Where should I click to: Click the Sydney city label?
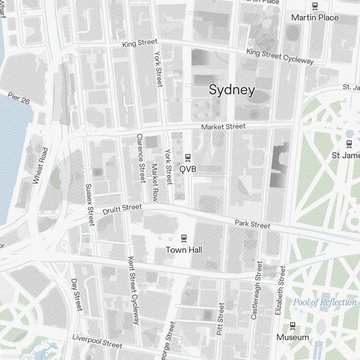point(232,90)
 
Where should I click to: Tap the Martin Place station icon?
point(315,5)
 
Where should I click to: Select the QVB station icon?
point(188,157)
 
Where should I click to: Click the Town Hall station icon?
point(184,238)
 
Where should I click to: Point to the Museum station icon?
point(293,325)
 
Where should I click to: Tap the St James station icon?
point(349,144)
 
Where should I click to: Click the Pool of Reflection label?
point(324,302)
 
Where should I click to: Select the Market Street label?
point(223,127)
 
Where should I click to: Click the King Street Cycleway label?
point(280,57)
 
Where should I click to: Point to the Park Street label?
point(252,224)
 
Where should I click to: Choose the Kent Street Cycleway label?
point(133,290)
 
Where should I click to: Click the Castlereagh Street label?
point(257,291)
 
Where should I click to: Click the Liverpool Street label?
point(97,341)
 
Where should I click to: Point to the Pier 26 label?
point(18,98)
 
